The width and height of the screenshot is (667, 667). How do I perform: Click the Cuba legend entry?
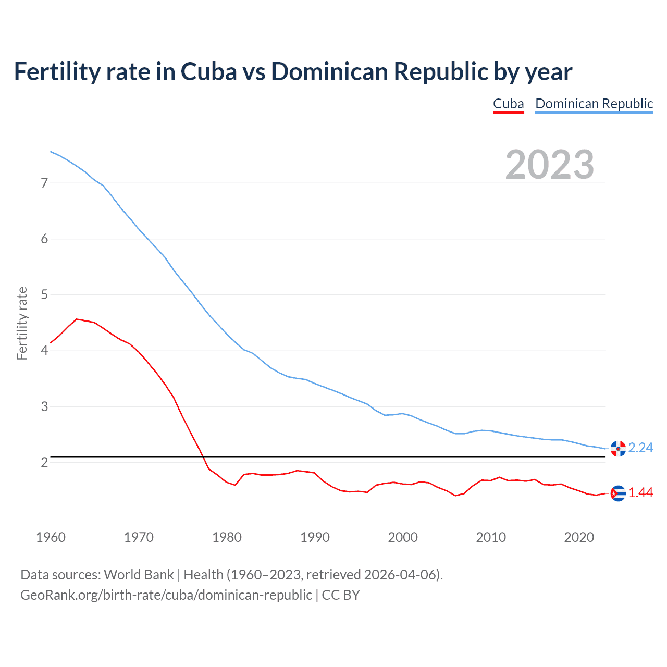click(508, 104)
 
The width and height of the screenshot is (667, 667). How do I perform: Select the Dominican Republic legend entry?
click(594, 104)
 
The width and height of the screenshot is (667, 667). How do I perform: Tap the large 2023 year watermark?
click(549, 165)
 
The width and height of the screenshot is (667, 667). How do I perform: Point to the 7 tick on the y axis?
click(44, 183)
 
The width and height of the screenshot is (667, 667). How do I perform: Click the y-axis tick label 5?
click(44, 295)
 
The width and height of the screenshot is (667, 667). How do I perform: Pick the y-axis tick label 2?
click(44, 462)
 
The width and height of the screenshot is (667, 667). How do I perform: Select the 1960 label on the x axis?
click(51, 537)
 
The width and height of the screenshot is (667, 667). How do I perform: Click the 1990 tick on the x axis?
click(315, 537)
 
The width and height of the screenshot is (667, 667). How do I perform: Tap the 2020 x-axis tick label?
click(579, 537)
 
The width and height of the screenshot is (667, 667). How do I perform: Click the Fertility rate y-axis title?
click(22, 323)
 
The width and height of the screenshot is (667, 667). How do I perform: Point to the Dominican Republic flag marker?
click(617, 448)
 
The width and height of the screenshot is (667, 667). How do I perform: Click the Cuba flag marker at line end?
click(617, 493)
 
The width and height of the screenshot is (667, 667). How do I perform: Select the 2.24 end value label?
click(640, 448)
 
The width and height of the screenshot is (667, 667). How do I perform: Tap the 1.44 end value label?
click(640, 493)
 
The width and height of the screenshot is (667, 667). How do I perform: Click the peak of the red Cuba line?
click(77, 319)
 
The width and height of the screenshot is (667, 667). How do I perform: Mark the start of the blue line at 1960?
click(51, 152)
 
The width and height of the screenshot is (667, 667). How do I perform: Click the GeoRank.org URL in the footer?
click(166, 595)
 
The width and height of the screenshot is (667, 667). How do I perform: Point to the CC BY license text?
click(341, 595)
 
